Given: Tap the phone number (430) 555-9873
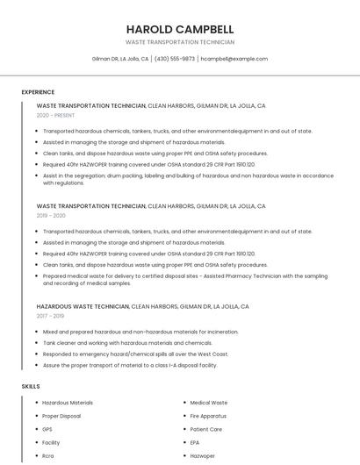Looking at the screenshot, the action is pos(175,59).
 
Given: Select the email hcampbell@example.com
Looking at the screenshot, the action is pos(234,59).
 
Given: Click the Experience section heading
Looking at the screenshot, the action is pos(38,91).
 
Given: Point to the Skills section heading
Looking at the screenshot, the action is pos(31,386).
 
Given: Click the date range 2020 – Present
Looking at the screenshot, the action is pos(56,115).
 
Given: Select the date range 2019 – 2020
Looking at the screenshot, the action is pos(51,215).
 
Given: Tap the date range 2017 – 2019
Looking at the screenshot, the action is pos(50,316).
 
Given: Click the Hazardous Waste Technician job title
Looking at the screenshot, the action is pos(83,307).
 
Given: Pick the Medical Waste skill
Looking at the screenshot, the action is pos(208,402).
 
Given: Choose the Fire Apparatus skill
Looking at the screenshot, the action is pos(208,416).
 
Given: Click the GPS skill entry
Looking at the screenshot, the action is pos(47,429).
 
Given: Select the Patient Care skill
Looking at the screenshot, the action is pos(206,429).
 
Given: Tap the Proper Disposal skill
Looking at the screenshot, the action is pos(61,416).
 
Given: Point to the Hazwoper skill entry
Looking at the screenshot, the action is pos(203,456).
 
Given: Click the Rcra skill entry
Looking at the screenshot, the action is pos(48,456).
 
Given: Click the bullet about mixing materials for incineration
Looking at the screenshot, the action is pos(140,332).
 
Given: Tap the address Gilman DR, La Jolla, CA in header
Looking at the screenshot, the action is pos(120,59).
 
